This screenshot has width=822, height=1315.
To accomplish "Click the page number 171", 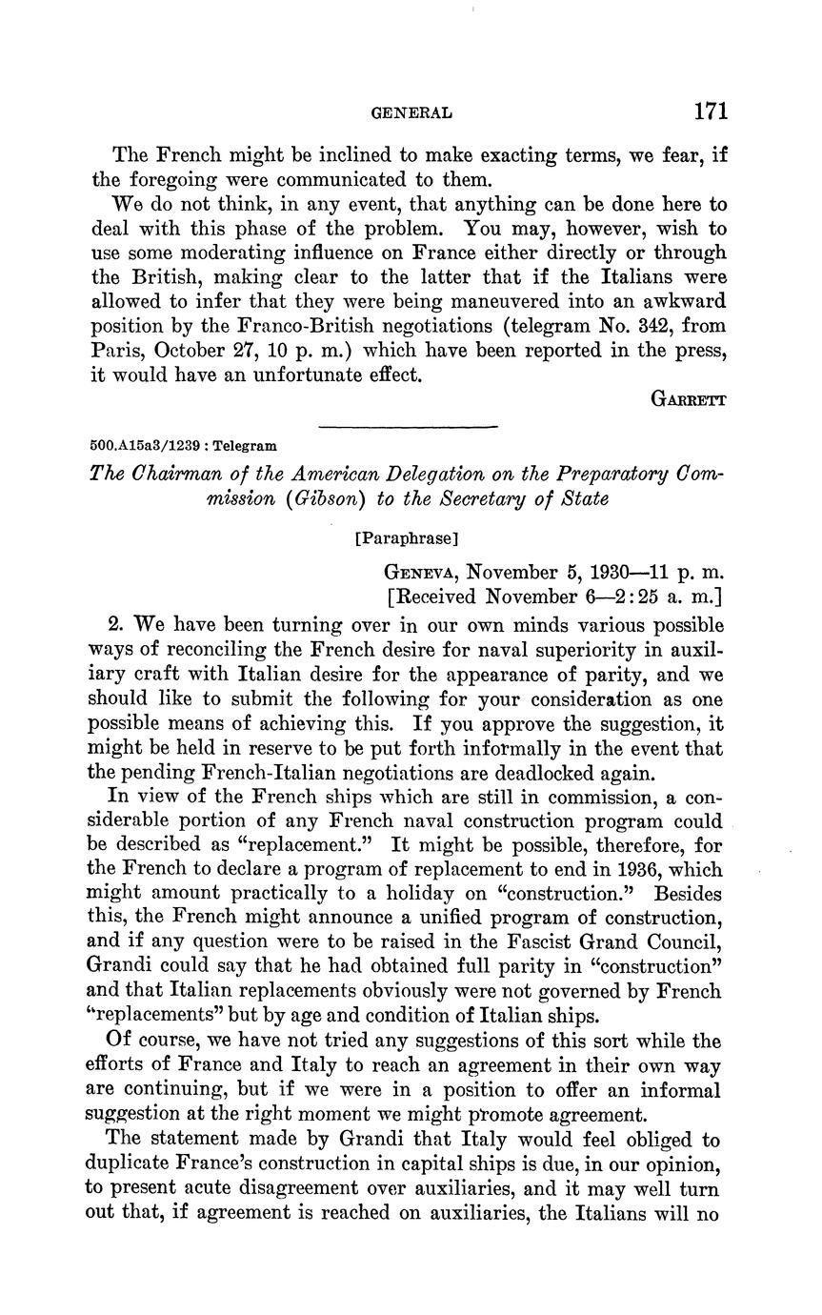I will point(710,111).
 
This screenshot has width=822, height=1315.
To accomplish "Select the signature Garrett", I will point(689,399).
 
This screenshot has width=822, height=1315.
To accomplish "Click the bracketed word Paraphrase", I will point(406,538).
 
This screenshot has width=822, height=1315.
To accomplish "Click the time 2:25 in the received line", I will point(646,597).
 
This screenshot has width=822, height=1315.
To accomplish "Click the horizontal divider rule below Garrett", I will point(408,426).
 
